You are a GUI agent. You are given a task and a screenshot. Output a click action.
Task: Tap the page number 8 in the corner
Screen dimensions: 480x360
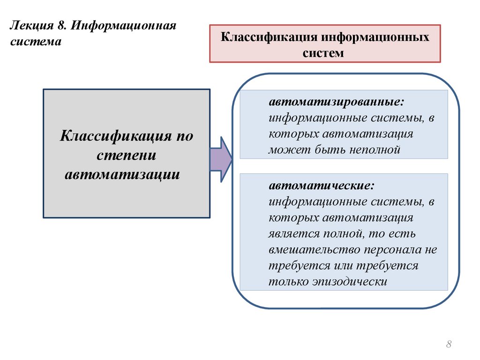click(x=449, y=345)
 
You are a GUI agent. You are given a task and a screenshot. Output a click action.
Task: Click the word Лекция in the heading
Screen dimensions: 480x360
click(x=28, y=25)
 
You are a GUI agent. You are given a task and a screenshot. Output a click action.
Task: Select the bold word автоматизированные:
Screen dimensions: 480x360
click(x=336, y=102)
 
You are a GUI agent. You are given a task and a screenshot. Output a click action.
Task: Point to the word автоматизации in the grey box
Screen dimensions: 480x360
click(x=122, y=174)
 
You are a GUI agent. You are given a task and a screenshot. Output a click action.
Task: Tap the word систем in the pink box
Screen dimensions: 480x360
click(x=323, y=53)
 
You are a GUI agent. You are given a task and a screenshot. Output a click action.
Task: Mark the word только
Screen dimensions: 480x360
click(x=286, y=282)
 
